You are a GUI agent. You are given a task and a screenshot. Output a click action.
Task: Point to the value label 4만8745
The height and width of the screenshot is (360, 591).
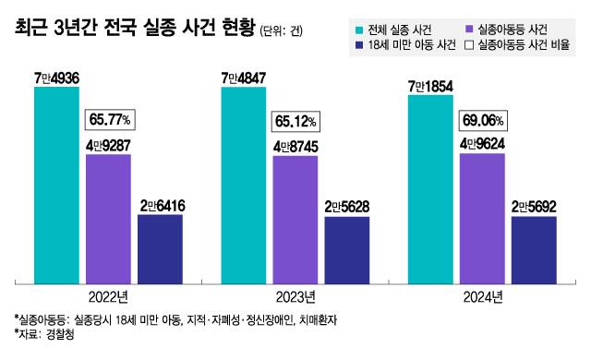295,146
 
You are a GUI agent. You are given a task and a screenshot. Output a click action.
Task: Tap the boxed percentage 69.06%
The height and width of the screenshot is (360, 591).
485,120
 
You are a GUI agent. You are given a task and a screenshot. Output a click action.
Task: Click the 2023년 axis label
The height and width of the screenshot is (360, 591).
295,297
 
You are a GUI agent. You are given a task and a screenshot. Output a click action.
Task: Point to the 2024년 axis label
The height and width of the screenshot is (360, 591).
482,297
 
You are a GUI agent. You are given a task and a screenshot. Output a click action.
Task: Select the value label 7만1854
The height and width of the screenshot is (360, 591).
429,86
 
